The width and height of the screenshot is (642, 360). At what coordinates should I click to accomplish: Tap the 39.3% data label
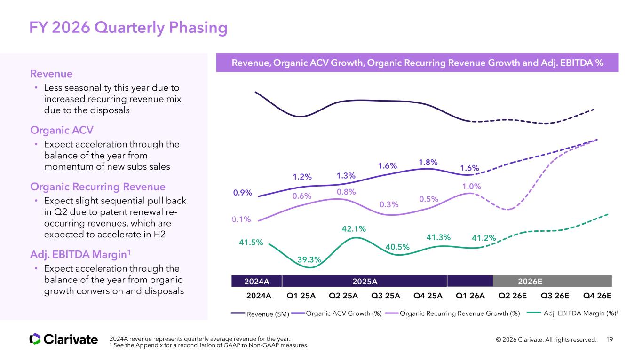(309, 259)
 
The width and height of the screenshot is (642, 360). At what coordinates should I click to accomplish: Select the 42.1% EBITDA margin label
(353, 229)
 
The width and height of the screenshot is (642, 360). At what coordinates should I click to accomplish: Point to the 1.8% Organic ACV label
(428, 162)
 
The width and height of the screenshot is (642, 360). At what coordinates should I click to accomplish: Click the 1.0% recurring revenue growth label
(472, 186)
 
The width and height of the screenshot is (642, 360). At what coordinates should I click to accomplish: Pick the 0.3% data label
(389, 204)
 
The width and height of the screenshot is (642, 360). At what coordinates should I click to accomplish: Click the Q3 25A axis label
(386, 296)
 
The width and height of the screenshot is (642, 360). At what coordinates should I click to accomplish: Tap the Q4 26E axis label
(597, 296)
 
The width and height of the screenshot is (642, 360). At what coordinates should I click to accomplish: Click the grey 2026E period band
(552, 281)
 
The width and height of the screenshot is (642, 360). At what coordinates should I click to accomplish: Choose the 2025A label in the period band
(365, 281)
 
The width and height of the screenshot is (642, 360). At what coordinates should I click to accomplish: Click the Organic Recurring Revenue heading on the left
(97, 187)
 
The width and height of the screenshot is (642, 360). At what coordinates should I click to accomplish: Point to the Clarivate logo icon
(35, 339)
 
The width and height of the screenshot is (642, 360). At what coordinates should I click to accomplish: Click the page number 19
(610, 339)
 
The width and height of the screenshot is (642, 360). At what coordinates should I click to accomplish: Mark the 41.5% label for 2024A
(251, 242)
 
